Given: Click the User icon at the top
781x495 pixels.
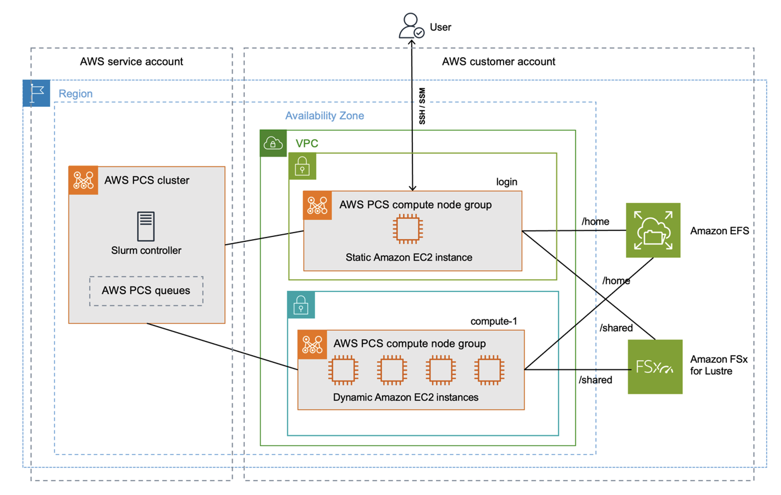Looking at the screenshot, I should pos(411,26).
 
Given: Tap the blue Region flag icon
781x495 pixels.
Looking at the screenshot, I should pos(36,93).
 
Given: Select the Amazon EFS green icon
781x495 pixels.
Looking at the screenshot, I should pos(653,230).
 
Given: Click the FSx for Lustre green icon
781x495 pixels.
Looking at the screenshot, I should pos(655,367).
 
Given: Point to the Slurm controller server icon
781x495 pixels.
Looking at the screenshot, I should pos(146,226).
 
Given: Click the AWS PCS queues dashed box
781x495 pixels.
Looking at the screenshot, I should pos(146,291).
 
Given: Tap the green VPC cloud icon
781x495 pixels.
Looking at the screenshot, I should pos(273,143).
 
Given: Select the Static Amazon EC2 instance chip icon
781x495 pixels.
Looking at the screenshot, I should pos(408,229).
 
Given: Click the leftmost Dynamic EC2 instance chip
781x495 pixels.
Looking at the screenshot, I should pos(343,370).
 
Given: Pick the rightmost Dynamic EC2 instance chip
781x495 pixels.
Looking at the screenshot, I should pos(489,370).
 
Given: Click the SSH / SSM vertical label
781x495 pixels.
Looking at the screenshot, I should pos(422,106).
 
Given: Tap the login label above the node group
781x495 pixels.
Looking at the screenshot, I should pos(506,182).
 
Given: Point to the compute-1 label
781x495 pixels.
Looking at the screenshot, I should pos(493,321).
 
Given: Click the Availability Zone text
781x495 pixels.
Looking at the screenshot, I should pos(324,116).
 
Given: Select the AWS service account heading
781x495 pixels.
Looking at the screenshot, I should pos(131,62).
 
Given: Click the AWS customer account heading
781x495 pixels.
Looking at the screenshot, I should pos(498,62).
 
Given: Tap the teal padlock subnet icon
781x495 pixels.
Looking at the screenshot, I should pos(301,305).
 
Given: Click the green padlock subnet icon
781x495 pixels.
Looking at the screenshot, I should pos(302,166).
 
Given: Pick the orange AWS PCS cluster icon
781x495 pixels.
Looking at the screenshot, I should pos(83,180).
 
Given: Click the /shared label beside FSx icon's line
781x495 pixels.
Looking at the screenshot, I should pos(595,380).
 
